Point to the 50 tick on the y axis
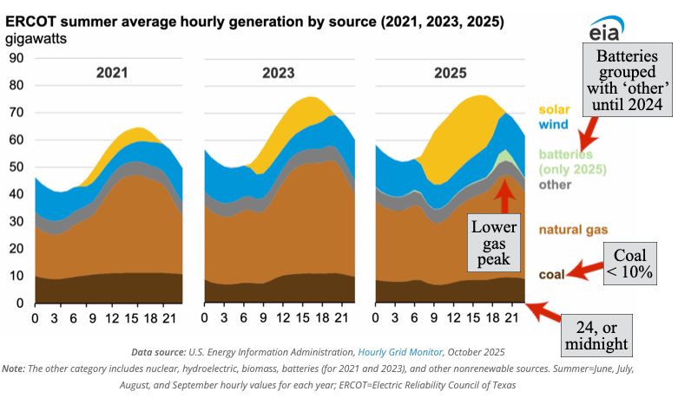(x=16, y=167)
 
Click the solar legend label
(x=554, y=110)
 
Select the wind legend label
(x=553, y=125)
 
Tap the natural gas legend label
(x=573, y=229)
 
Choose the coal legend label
(x=552, y=275)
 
